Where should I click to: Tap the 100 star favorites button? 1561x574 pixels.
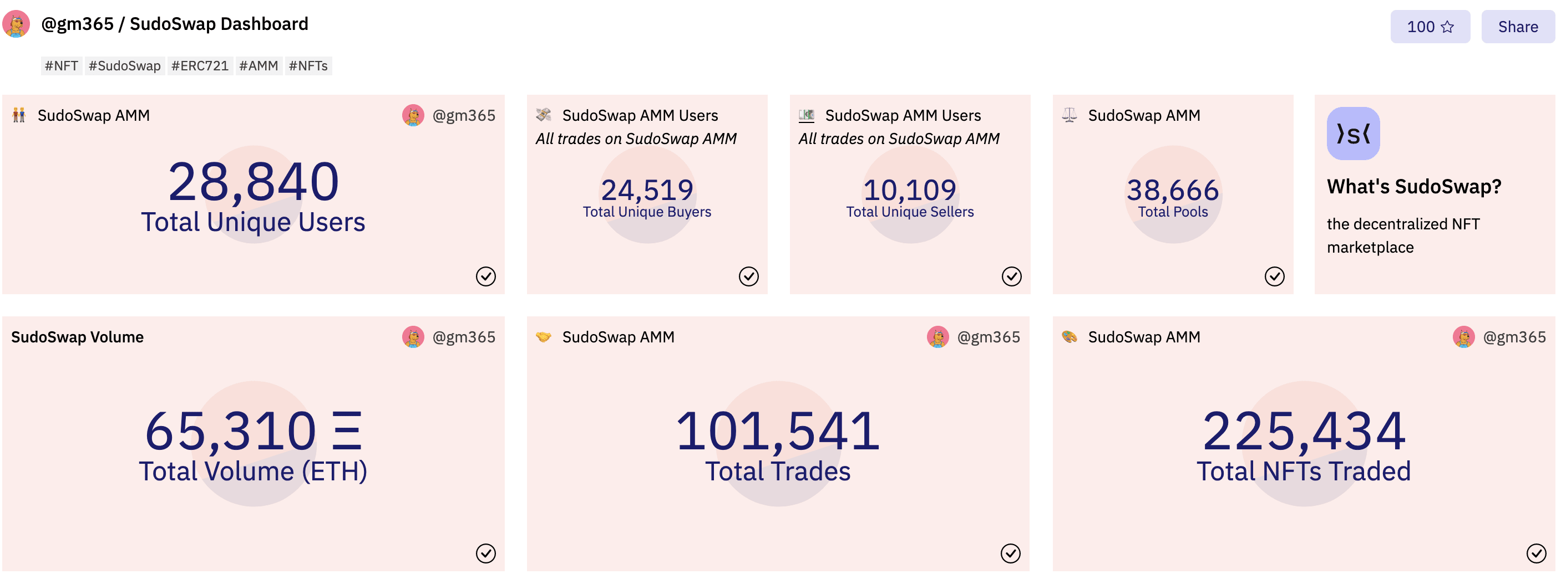[1429, 27]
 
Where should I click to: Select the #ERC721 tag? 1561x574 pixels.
[199, 65]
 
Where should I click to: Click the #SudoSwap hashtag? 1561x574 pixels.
[124, 65]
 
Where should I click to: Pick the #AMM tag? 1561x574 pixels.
[258, 65]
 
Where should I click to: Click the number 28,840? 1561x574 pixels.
[254, 182]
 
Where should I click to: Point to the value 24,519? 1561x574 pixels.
[647, 190]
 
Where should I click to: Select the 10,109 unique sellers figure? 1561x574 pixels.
[909, 190]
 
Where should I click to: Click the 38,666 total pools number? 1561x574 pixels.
[1172, 190]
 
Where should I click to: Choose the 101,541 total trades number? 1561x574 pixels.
[778, 431]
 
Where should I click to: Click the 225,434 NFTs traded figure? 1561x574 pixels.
[1304, 431]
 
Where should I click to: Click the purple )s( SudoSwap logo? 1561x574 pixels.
[1352, 133]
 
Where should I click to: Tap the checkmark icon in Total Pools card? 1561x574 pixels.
[1274, 276]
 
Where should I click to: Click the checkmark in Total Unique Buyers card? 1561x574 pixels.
[748, 276]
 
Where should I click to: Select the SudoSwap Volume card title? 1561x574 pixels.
[77, 337]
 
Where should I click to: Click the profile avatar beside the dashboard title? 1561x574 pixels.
[16, 24]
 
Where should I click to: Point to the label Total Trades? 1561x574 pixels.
[778, 471]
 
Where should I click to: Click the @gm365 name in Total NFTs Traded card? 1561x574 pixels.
[1514, 337]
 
